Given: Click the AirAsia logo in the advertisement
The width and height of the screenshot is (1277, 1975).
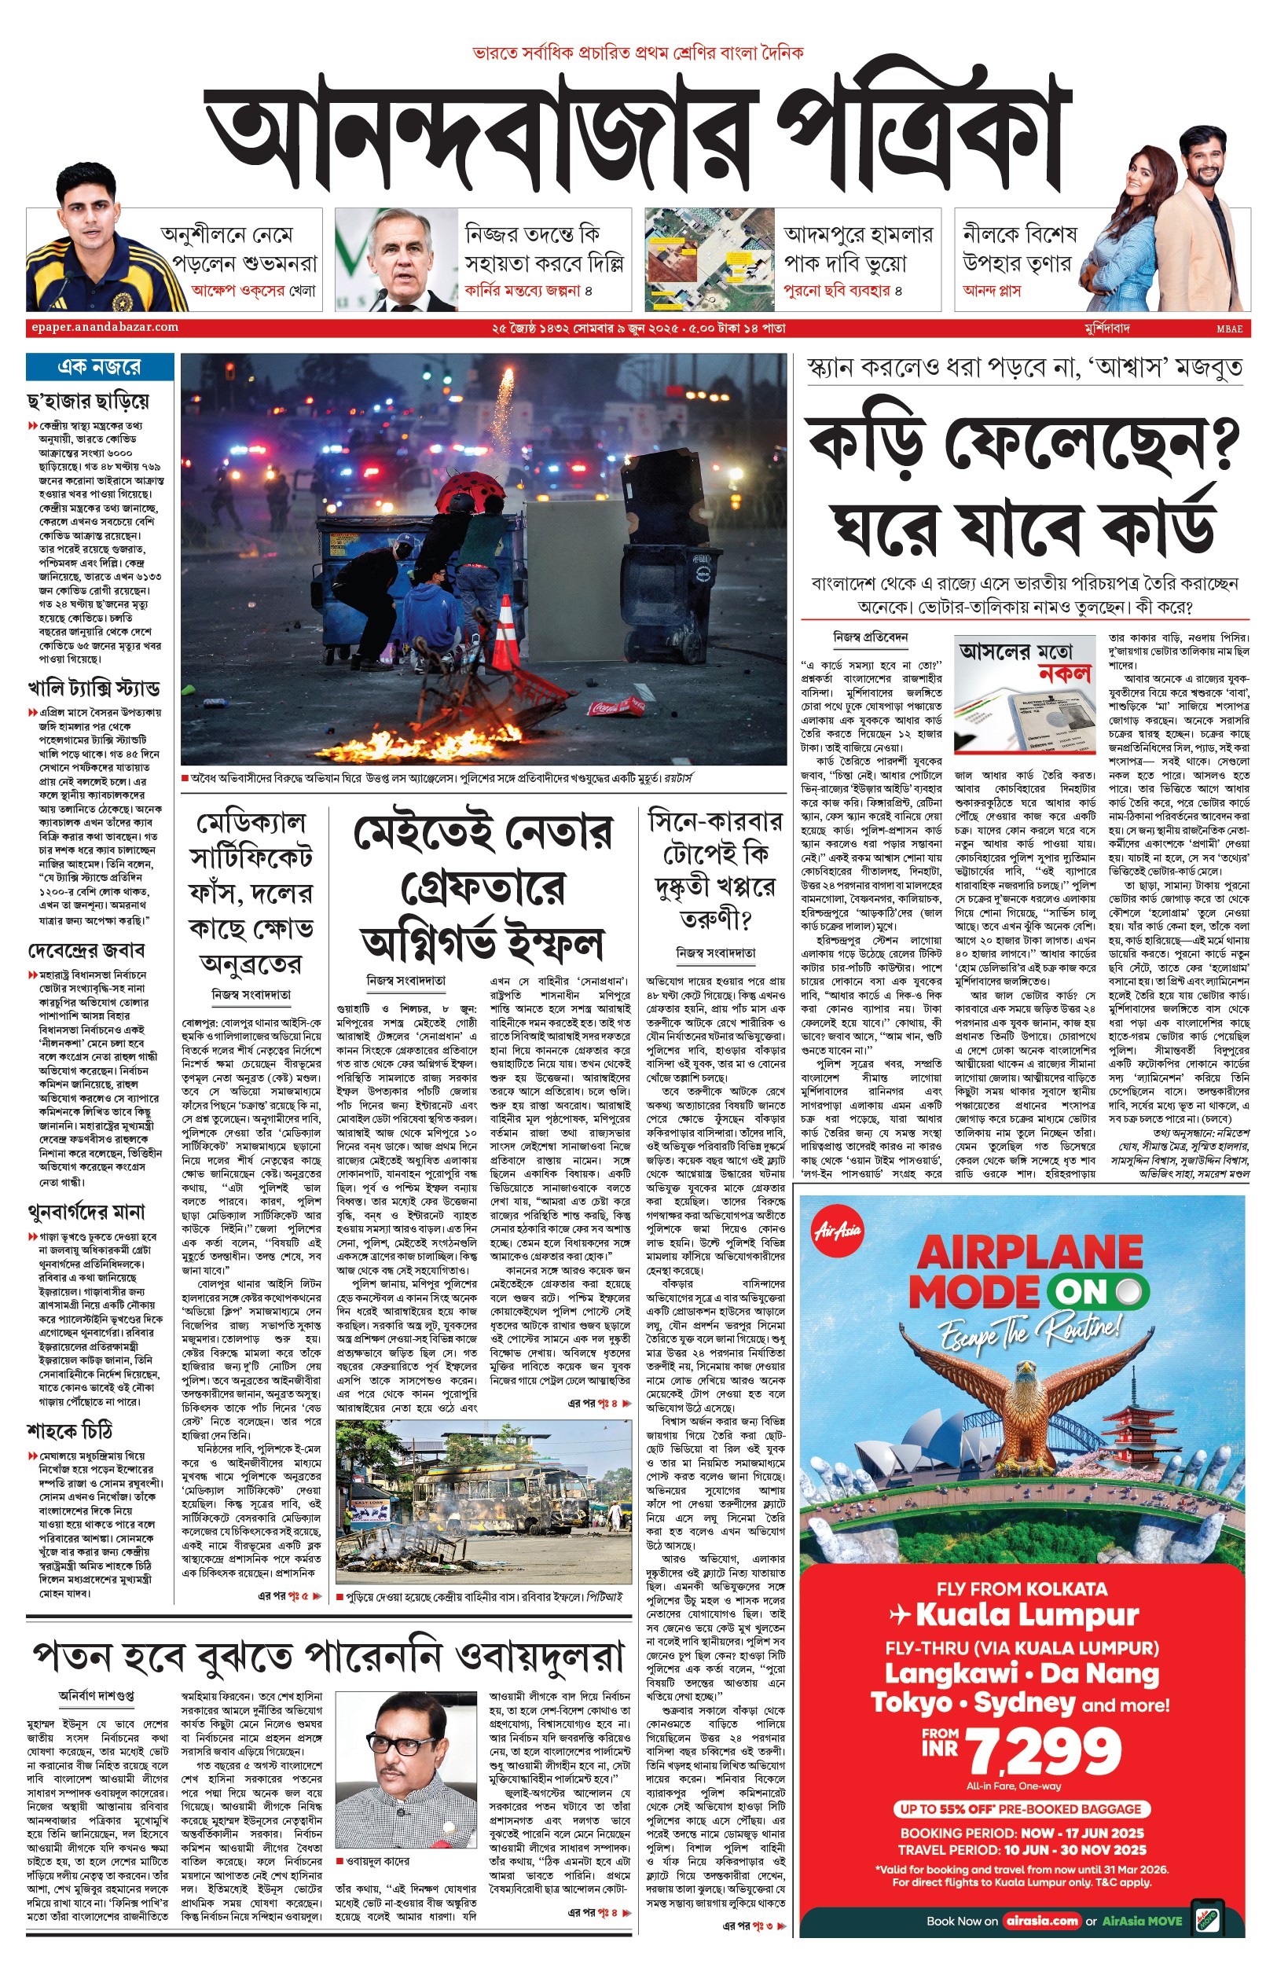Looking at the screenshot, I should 838,1231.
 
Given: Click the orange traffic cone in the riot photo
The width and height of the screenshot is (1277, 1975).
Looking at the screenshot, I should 506,633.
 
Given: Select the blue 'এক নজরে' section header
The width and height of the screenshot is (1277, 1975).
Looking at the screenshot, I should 100,366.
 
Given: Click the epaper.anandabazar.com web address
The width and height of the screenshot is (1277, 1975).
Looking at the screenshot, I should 105,328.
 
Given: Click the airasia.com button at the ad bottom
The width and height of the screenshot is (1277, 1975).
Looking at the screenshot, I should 1041,1920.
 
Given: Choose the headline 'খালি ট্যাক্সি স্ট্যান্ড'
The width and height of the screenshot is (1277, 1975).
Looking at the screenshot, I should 94,688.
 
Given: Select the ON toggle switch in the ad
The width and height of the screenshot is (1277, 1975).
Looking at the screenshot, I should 1097,1291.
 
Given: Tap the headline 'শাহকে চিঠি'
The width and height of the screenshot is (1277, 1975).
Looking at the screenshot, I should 70,1430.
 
